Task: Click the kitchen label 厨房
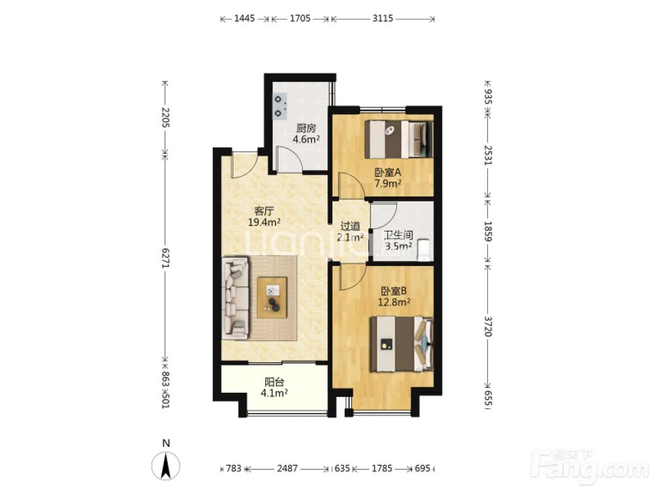306,128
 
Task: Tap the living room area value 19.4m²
264,222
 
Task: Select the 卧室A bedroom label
388,172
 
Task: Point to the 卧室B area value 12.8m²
394,301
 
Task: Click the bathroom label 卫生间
398,236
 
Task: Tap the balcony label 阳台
274,382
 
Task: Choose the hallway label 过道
350,227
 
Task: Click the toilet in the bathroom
423,249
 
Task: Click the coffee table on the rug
272,298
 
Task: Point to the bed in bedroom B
402,344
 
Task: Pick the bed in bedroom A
398,139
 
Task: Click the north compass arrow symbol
166,466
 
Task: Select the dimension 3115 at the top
383,18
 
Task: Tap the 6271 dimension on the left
166,259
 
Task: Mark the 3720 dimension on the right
488,326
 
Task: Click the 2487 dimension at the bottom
288,469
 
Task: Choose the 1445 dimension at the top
244,18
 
